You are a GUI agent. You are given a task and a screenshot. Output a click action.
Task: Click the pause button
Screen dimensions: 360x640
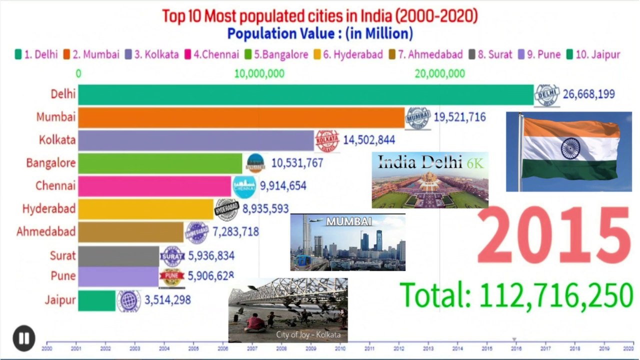23,338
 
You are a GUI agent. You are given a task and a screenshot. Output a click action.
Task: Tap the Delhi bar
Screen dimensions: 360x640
305,94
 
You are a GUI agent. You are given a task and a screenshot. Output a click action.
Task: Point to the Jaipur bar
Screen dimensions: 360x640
97,300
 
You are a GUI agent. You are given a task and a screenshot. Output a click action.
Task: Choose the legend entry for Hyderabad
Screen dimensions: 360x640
348,54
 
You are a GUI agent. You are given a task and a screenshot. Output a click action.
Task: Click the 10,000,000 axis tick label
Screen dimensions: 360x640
259,74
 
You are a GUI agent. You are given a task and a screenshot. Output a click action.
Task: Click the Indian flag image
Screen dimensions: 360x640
568,151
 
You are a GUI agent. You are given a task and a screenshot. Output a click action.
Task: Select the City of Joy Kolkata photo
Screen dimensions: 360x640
288,310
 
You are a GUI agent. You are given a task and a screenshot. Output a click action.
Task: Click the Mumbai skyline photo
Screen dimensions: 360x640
348,242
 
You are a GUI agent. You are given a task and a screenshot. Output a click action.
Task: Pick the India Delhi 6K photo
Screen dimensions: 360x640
430,180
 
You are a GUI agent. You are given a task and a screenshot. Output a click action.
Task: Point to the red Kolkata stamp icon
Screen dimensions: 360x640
327,140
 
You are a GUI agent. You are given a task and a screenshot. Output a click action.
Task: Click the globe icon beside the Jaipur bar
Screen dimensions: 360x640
129,301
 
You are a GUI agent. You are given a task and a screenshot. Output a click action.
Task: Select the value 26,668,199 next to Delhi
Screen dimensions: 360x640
588,94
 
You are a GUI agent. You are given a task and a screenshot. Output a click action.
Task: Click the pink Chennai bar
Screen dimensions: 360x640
154,186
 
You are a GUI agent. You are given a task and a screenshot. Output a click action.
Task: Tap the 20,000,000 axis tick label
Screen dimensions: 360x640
439,74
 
